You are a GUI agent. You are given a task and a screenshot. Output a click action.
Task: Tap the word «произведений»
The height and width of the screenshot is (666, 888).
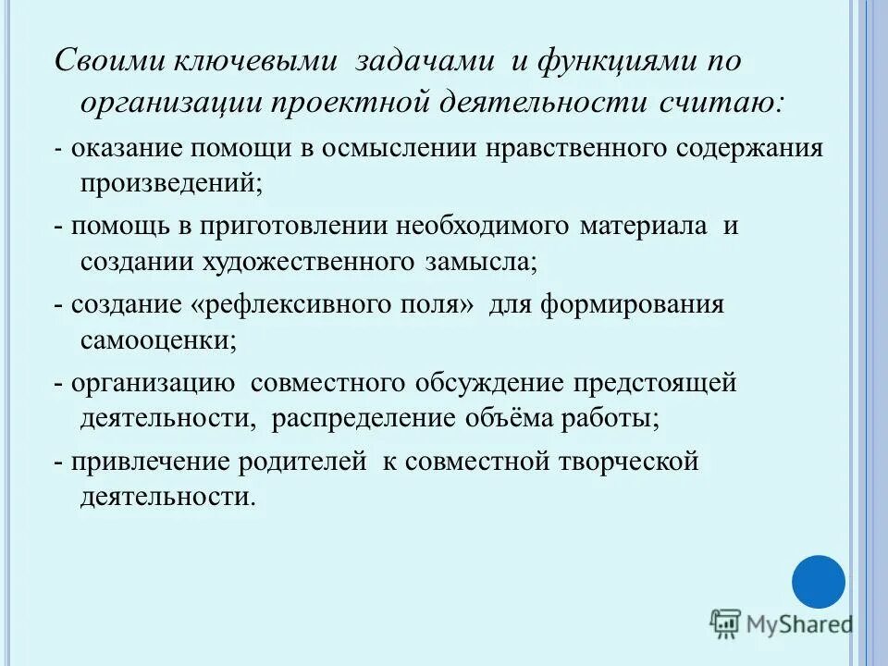(x=166, y=182)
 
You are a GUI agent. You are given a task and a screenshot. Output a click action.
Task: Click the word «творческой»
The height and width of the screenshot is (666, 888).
(x=626, y=462)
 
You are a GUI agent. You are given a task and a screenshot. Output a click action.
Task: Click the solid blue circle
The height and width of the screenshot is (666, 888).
(x=819, y=582)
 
